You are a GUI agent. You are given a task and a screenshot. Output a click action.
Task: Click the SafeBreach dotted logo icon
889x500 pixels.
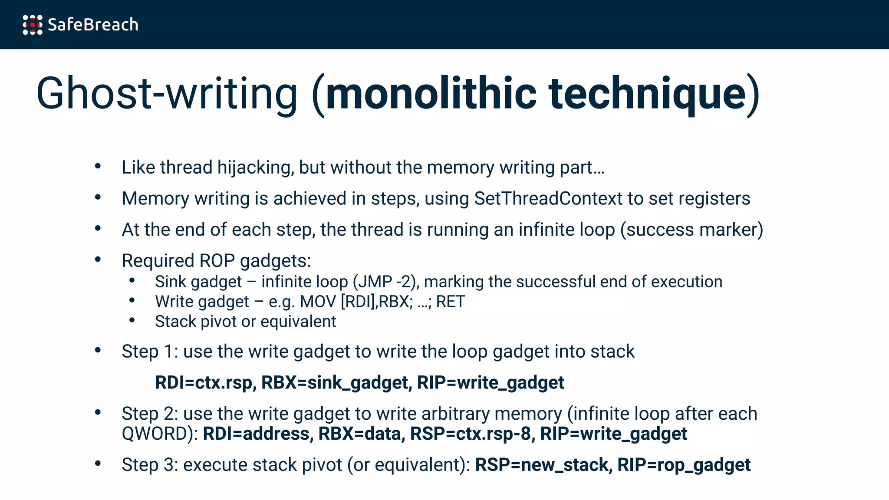pyautogui.click(x=33, y=25)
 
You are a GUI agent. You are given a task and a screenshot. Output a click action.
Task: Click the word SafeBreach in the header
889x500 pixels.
pyautogui.click(x=93, y=25)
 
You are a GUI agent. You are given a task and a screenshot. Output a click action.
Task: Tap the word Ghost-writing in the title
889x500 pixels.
pyautogui.click(x=167, y=93)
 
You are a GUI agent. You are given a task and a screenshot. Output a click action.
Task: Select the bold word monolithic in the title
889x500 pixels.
pyautogui.click(x=431, y=93)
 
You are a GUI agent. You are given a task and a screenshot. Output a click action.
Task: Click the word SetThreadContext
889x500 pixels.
pyautogui.click(x=548, y=199)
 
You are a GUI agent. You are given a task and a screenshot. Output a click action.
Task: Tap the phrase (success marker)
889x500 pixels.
pyautogui.click(x=691, y=230)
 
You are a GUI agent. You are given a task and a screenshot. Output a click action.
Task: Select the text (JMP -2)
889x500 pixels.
pyautogui.click(x=386, y=282)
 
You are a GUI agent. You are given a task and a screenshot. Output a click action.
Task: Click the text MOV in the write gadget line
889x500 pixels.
pyautogui.click(x=318, y=302)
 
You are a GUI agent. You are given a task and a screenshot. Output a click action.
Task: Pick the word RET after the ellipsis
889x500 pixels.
pyautogui.click(x=450, y=302)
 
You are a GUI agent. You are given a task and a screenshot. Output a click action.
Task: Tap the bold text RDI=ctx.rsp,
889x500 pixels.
pyautogui.click(x=205, y=383)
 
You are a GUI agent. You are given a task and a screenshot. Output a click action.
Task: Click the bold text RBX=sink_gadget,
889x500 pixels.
pyautogui.click(x=337, y=383)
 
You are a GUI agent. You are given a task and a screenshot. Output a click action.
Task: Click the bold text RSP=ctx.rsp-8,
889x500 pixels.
pyautogui.click(x=472, y=434)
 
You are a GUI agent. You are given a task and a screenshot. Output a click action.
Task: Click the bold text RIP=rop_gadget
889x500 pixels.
pyautogui.click(x=684, y=465)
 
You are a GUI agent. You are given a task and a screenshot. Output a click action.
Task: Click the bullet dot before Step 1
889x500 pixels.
pyautogui.click(x=98, y=350)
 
